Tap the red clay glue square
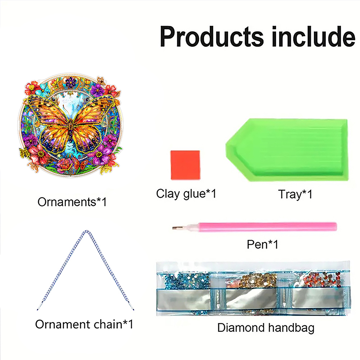(185, 165)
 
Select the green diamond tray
(287, 150)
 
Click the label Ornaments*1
(72, 202)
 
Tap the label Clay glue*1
(186, 194)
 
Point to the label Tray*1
(295, 194)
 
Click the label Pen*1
(263, 244)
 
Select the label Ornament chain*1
(84, 324)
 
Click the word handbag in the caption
(291, 328)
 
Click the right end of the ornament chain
(133, 310)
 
